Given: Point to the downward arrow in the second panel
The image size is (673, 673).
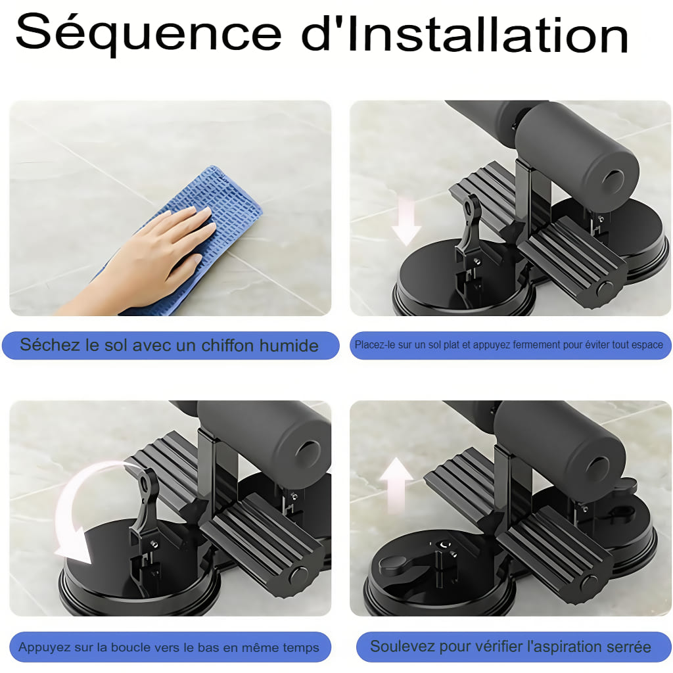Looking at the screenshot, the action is coord(406,221).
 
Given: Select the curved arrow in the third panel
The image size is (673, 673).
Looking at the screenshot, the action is coord(68,507).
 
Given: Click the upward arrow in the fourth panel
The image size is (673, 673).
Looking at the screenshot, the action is coord(396,484).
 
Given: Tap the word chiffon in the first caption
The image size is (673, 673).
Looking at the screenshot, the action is coord(227,345).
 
